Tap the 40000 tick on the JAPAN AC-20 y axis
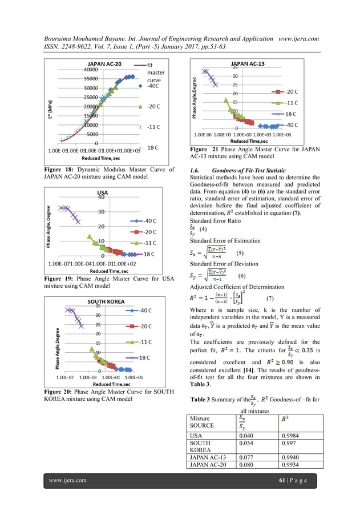88,69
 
